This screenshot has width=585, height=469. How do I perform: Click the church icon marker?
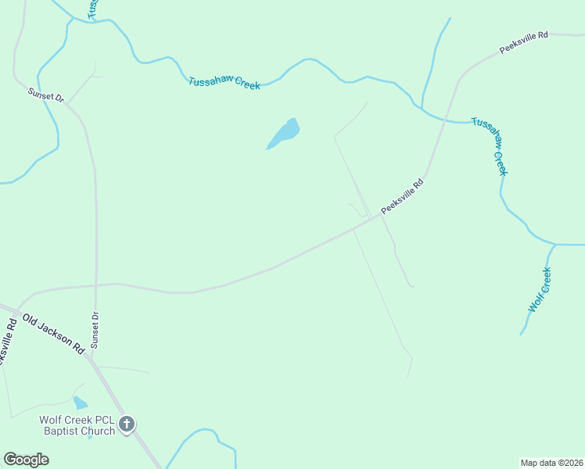tap(127, 424)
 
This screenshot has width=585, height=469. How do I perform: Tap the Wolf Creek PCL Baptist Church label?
tap(77, 425)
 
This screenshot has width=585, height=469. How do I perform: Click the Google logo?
tap(26, 460)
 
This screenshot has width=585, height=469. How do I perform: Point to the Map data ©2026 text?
tap(551, 462)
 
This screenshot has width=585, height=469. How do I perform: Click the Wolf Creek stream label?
tap(540, 290)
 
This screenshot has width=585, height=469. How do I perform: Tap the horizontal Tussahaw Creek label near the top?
tap(224, 83)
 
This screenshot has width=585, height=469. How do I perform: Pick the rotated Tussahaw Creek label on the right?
tap(490, 146)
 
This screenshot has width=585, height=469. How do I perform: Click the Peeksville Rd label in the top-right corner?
tap(523, 42)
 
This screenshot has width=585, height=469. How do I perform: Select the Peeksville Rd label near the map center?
tap(402, 197)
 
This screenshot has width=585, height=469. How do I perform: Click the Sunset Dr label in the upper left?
tap(45, 95)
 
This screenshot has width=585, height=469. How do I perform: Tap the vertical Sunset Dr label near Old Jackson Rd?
tap(95, 329)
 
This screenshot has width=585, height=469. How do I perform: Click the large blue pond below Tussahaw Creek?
tap(285, 133)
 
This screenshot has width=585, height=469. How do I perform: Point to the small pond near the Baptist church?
tap(80, 403)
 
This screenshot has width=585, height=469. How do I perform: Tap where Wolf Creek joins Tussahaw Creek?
tap(555, 245)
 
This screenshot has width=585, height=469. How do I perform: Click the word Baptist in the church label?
tap(58, 431)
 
